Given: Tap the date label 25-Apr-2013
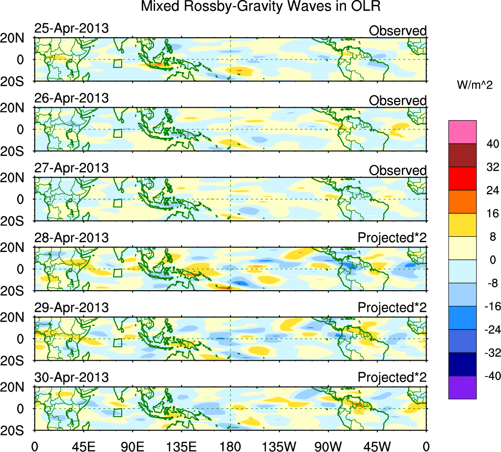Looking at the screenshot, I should point(71,28).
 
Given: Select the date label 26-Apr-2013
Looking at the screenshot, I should point(71,98).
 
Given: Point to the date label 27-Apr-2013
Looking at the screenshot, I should point(71,168).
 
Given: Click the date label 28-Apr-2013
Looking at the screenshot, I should point(71,238).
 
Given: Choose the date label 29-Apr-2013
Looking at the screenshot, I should point(71,308).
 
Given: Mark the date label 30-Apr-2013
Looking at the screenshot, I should point(71,377).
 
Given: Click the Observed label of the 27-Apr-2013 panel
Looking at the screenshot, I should point(397,170).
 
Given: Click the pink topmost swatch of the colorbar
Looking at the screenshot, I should point(462,132).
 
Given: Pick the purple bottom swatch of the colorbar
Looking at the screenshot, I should point(462,387).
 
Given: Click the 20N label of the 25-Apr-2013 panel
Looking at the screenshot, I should point(15,38).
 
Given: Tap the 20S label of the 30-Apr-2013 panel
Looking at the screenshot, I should point(15,430).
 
